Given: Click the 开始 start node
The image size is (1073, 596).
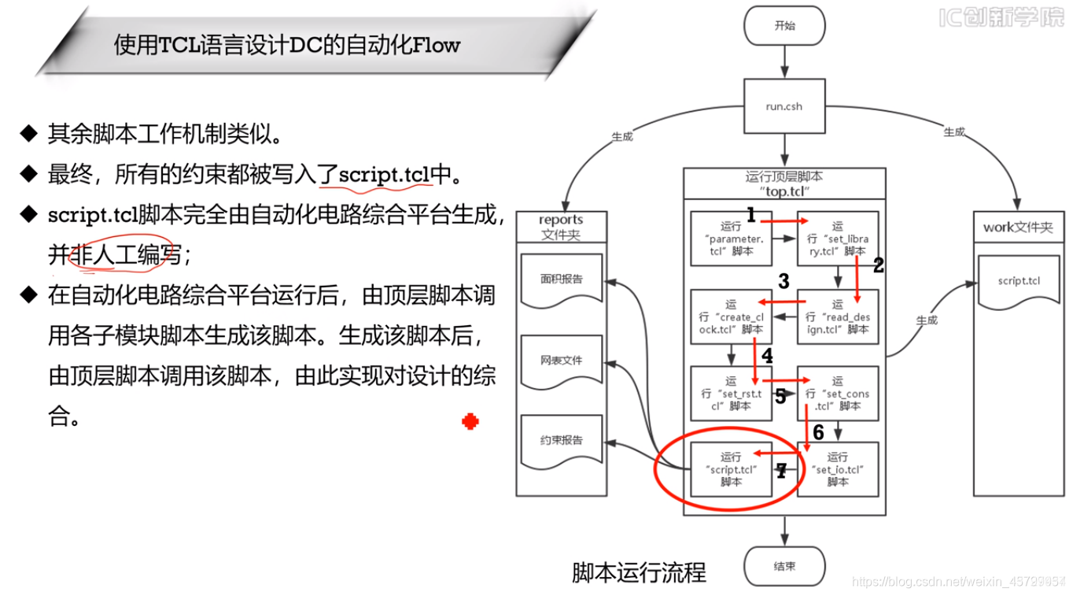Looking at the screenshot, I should tap(784, 26).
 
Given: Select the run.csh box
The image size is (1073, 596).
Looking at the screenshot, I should tap(784, 106).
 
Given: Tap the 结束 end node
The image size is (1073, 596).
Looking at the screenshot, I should tap(784, 566).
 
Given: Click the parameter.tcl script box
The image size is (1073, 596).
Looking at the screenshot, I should tap(730, 239).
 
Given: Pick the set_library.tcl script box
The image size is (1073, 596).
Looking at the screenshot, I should tap(837, 239).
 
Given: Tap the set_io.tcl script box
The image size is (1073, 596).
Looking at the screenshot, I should tap(837, 469).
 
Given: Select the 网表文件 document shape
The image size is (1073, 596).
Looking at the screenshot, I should tap(561, 361).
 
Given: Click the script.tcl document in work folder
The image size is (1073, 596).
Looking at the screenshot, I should tap(1018, 282).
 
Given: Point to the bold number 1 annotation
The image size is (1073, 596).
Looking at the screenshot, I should tap(750, 215).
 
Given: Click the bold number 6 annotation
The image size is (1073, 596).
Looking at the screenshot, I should tap(818, 432).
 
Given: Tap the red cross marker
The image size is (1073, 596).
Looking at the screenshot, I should tap(470, 422).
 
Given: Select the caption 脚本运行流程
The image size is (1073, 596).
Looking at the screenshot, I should tap(639, 572).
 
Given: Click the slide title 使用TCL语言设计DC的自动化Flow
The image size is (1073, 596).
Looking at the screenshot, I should tap(287, 45).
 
